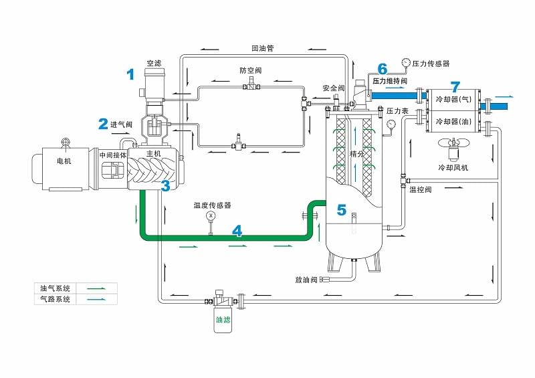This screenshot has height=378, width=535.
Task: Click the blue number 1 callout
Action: coord(131,74)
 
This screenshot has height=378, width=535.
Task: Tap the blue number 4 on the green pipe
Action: coord(237,231)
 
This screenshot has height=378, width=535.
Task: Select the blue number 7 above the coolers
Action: coord(455,87)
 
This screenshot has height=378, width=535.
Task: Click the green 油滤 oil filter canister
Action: coord(222,319)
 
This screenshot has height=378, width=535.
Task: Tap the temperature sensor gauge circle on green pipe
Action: coord(211,215)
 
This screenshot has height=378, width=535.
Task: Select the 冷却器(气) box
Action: coord(453,100)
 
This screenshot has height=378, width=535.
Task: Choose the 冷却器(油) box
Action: coord(453,121)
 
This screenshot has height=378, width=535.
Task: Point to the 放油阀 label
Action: coord(305,279)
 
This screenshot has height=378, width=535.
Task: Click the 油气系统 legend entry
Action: coord(56,288)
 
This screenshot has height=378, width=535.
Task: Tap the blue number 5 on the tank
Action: coord(342,210)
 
